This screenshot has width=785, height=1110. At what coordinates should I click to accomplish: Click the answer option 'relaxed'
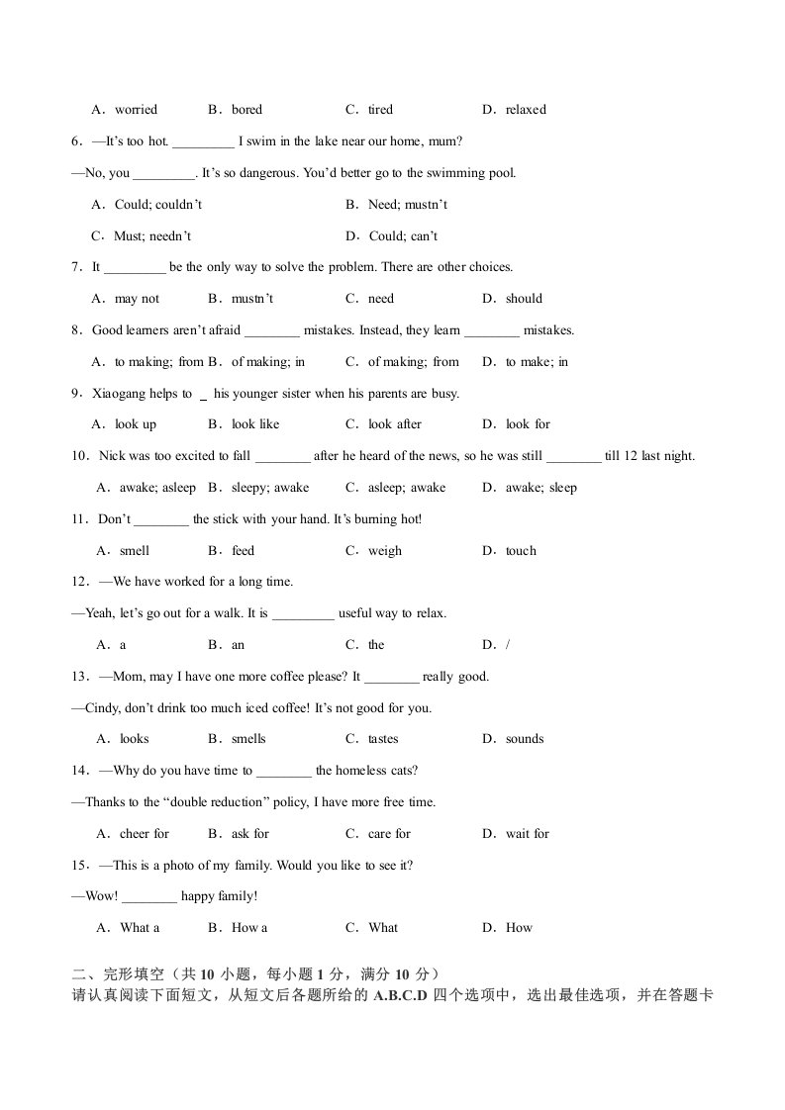(525, 110)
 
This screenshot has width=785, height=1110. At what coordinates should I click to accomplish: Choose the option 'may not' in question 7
(137, 299)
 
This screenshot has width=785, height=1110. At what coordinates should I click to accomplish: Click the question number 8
(75, 330)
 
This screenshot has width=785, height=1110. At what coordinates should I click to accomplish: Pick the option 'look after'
(394, 424)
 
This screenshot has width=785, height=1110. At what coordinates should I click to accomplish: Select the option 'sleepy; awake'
(269, 488)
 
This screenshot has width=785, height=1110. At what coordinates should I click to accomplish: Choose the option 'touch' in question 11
(520, 551)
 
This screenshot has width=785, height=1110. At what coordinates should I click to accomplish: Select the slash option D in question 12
(508, 645)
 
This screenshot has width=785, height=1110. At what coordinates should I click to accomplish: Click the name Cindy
(103, 708)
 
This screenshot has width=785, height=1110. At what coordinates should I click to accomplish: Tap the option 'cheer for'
(145, 834)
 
